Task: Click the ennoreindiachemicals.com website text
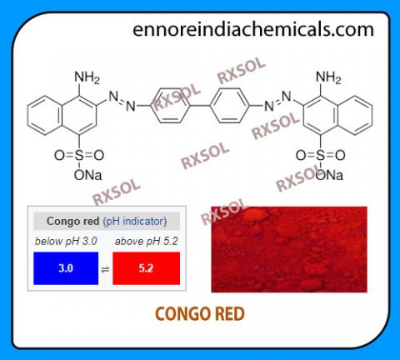(x=253, y=29)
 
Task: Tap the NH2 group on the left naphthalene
(x=87, y=77)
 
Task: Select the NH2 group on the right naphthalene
(x=328, y=77)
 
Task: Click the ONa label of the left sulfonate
(x=87, y=175)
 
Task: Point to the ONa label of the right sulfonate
(x=329, y=175)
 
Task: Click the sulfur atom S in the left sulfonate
(x=79, y=155)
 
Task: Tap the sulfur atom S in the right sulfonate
(x=321, y=155)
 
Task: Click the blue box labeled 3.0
(x=66, y=268)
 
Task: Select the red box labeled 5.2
(x=147, y=268)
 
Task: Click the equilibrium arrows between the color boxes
(x=105, y=269)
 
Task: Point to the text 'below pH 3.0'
(x=66, y=241)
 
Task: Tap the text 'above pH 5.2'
(x=147, y=241)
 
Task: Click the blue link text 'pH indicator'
(x=135, y=222)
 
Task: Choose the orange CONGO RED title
(x=200, y=314)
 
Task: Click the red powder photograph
(x=289, y=249)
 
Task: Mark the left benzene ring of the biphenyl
(x=170, y=106)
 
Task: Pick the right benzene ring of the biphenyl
(x=229, y=106)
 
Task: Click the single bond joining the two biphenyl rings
(x=200, y=106)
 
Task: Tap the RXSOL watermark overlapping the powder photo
(x=224, y=212)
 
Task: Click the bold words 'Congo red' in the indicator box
(x=73, y=222)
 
